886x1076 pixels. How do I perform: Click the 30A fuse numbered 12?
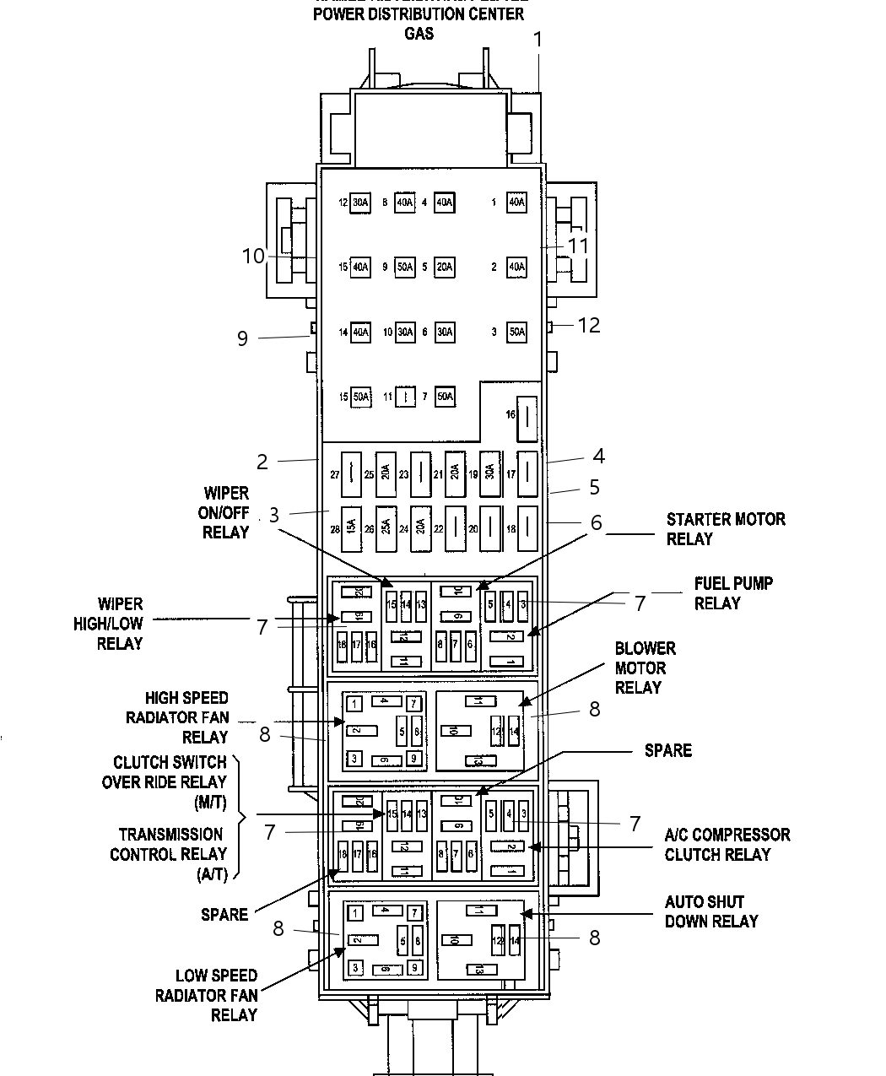coord(360,203)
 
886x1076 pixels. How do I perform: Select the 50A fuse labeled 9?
coord(405,268)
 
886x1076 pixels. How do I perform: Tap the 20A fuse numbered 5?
coord(445,268)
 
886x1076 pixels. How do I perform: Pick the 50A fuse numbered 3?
coord(516,333)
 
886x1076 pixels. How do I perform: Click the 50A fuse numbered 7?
coord(445,397)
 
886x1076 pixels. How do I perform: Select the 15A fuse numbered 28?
coord(350,529)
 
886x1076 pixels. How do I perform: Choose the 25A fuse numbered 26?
coord(386,529)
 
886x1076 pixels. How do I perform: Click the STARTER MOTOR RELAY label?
coord(726,529)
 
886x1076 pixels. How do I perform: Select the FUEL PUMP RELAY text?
coord(733,593)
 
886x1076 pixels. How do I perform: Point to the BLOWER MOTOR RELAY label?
coord(645,668)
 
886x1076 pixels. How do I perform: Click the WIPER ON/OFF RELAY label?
coord(226,512)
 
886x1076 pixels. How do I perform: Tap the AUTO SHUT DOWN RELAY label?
coord(710,911)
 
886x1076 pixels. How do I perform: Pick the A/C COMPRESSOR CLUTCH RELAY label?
coord(727,845)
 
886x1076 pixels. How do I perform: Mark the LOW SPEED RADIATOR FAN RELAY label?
coord(216,995)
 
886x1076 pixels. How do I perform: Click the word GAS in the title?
coord(419,34)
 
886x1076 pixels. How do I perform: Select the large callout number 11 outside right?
coord(577,246)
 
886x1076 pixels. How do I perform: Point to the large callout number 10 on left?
coord(253,256)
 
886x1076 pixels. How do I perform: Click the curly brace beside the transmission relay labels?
coord(240,817)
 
